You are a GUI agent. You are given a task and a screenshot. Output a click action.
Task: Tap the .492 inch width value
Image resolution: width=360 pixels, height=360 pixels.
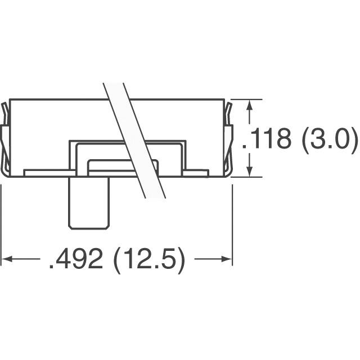[75, 260]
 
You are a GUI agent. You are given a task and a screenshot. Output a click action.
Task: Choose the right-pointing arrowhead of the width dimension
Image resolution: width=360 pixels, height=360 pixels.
[227, 259]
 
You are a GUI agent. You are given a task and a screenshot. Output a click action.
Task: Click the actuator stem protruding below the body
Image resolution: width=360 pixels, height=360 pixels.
[88, 202]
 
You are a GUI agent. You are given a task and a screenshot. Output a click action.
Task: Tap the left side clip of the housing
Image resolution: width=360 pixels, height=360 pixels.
[4, 138]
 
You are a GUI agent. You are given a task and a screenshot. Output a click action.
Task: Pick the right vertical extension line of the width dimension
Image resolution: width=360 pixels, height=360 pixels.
[232, 225]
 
